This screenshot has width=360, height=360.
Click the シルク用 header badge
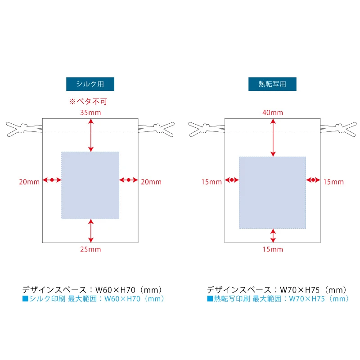tap(90, 84)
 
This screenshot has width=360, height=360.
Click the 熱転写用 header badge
tap(272, 84)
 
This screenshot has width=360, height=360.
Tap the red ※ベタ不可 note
tap(88, 102)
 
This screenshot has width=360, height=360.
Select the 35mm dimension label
tap(90, 113)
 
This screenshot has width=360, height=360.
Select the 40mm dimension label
tap(273, 113)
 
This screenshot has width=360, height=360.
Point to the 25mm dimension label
tap(90, 249)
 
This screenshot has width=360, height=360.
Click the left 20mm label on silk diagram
tap(29, 182)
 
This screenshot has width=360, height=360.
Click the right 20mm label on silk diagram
tap(151, 182)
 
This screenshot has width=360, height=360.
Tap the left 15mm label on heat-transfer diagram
tap(211, 182)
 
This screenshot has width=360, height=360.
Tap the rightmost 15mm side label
tap(333, 182)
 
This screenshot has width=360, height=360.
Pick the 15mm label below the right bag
tap(273, 249)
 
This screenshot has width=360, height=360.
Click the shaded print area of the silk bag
tap(90, 185)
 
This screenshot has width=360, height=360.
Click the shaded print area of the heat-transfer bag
tap(273, 193)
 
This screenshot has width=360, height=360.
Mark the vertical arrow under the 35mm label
tap(91, 135)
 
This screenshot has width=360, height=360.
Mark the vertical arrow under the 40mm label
tap(273, 138)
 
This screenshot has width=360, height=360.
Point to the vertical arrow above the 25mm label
tap(91, 231)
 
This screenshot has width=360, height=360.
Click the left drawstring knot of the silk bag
tap(23, 129)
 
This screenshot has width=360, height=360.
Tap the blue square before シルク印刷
tap(25, 298)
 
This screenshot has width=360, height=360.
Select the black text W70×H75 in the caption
tap(300, 290)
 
